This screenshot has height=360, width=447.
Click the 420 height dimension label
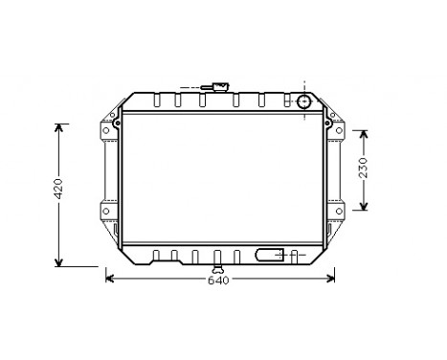pos(59,189)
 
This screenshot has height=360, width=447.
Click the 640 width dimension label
pos(218,281)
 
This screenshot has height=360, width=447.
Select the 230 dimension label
pos(364,168)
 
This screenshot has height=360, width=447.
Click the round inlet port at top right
pos(303,101)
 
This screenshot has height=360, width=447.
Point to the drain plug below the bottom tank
pos(218,269)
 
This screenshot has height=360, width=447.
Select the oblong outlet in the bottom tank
pos(270,255)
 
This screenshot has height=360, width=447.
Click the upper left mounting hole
pos(106,130)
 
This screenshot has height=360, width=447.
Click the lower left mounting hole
pos(106,211)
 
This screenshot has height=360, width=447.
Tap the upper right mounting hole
pos(339,130)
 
